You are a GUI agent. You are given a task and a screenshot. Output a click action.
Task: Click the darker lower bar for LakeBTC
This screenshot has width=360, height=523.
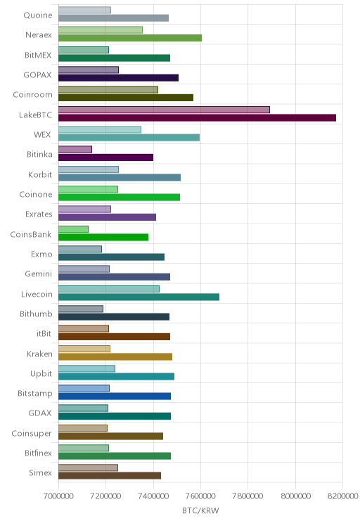point(197,117)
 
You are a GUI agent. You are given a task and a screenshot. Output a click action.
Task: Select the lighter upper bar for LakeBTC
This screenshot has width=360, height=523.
point(164,110)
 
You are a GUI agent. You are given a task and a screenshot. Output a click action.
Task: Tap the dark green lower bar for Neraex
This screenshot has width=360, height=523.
point(130,38)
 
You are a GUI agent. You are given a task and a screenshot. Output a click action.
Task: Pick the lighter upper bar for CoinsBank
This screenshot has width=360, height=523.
point(73,229)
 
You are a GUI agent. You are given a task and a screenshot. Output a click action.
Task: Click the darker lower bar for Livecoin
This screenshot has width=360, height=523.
point(139,297)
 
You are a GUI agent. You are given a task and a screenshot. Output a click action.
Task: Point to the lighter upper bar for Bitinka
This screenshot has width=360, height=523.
point(75,150)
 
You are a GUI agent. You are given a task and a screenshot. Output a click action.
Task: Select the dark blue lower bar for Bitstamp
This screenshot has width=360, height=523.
point(115,396)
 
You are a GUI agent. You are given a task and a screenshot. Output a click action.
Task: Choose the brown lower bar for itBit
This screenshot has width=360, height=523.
point(114,337)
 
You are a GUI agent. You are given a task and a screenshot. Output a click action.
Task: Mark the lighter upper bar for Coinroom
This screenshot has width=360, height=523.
point(108,90)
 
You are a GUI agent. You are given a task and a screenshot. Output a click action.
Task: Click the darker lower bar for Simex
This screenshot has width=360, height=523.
point(110,476)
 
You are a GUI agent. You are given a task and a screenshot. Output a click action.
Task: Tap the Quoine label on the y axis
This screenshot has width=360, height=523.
point(38,15)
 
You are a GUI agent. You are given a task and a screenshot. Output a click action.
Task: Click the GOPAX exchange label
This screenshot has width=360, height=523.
point(38,75)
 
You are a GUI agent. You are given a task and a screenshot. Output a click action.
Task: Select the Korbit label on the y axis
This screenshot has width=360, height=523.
point(40,174)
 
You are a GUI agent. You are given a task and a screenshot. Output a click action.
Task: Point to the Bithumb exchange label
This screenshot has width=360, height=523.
point(36,314)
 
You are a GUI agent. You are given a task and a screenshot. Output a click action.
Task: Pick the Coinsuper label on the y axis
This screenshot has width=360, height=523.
point(32,433)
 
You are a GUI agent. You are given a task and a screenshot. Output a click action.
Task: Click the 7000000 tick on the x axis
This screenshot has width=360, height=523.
point(58,496)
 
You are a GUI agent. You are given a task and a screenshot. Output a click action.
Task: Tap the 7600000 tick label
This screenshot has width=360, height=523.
point(201,496)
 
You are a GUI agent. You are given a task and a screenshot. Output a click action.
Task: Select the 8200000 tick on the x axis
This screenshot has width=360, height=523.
point(343,496)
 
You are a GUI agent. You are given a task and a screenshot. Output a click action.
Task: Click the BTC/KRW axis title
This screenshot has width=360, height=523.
point(200,510)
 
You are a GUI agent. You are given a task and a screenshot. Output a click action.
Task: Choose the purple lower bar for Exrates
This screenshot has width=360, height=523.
point(107,217)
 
